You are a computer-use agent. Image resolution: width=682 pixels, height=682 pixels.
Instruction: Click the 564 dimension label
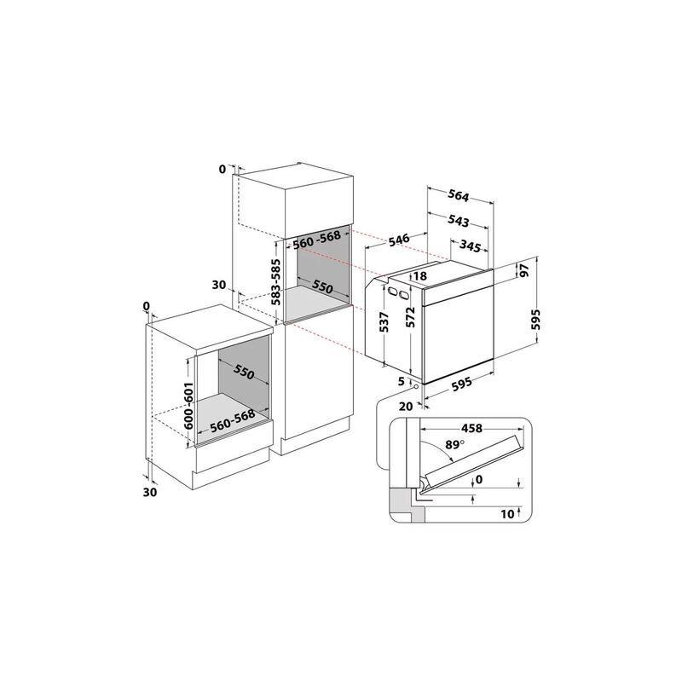pyautogui.click(x=459, y=196)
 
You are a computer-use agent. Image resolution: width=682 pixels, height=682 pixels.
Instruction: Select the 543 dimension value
pyautogui.click(x=459, y=222)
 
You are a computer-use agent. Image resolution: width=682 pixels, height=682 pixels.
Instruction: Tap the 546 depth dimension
pyautogui.click(x=399, y=240)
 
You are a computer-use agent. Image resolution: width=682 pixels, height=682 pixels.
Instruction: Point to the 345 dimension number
pyautogui.click(x=471, y=246)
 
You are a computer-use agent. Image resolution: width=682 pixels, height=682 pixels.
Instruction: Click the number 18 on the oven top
pyautogui.click(x=420, y=275)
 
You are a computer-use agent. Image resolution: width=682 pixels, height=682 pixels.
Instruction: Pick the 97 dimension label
pyautogui.click(x=524, y=270)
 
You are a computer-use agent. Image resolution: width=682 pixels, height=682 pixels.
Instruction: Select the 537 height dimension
pyautogui.click(x=384, y=322)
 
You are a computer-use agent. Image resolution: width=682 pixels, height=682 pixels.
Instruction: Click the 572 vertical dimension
pyautogui.click(x=411, y=317)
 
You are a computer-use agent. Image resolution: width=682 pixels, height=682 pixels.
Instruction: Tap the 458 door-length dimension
pyautogui.click(x=472, y=429)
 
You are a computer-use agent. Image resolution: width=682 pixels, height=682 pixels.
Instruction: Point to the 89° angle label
pyautogui.click(x=455, y=445)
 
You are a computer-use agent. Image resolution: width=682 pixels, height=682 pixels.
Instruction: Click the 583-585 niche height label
pyautogui.click(x=276, y=282)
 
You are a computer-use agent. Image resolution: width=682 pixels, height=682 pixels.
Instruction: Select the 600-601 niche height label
pyautogui.click(x=188, y=406)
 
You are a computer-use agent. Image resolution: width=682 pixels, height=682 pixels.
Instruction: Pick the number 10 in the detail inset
pyautogui.click(x=507, y=514)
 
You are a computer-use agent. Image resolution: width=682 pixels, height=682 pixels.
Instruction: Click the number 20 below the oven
pyautogui.click(x=406, y=407)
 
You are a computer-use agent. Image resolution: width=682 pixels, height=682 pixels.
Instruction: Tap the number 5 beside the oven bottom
pyautogui.click(x=402, y=381)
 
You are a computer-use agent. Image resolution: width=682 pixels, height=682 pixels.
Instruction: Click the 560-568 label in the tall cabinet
pyautogui.click(x=316, y=240)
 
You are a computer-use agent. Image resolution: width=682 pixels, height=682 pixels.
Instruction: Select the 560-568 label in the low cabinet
pyautogui.click(x=232, y=421)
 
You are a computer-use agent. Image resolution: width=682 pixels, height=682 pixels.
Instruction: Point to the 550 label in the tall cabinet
pyautogui.click(x=323, y=286)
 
